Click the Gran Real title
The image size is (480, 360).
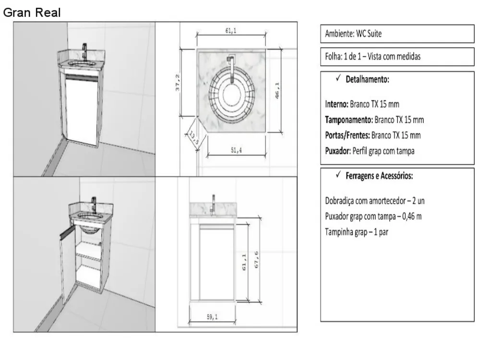point(32,12)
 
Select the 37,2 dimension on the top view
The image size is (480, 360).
point(178,83)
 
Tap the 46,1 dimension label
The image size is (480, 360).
point(277,91)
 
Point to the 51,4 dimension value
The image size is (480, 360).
point(236,150)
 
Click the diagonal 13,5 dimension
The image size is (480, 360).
point(193,138)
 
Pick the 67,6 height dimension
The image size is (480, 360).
point(256,260)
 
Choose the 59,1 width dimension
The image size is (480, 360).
point(212,317)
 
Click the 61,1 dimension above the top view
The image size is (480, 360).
point(230,31)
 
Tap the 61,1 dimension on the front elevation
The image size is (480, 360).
point(244,263)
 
